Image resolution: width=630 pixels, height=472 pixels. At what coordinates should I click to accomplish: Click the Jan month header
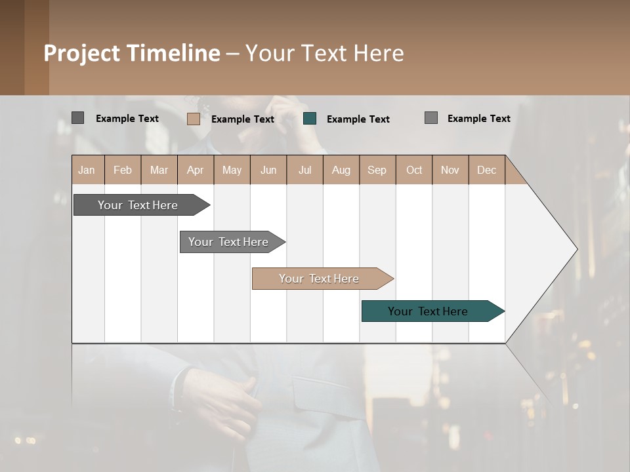coord(87,170)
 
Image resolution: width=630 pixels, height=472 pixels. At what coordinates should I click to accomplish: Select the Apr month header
coord(195,170)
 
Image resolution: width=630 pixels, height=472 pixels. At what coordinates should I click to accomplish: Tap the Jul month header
coord(304,170)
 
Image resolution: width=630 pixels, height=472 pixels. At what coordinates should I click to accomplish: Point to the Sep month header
coord(377,170)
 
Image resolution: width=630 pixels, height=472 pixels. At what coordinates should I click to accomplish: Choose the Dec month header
coord(486,170)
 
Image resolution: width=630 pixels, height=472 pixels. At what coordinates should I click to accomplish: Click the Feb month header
coord(123,170)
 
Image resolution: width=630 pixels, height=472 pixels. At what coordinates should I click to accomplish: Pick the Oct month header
coord(414,170)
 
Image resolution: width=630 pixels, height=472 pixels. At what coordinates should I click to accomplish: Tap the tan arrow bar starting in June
coord(320,279)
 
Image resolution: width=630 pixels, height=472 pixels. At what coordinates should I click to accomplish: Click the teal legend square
coord(310,119)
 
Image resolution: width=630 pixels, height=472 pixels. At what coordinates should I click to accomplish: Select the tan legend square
coord(193,119)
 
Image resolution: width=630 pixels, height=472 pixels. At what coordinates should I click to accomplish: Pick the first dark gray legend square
coord(77,118)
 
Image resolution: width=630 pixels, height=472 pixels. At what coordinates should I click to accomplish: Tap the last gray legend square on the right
coord(430,118)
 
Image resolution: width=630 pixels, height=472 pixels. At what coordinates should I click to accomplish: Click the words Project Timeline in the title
coord(132,53)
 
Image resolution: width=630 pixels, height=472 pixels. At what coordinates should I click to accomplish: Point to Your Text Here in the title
coord(324,53)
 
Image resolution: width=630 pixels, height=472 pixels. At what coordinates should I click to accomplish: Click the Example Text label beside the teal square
coord(358,119)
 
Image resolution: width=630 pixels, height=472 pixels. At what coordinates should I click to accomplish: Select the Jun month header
coord(268,170)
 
